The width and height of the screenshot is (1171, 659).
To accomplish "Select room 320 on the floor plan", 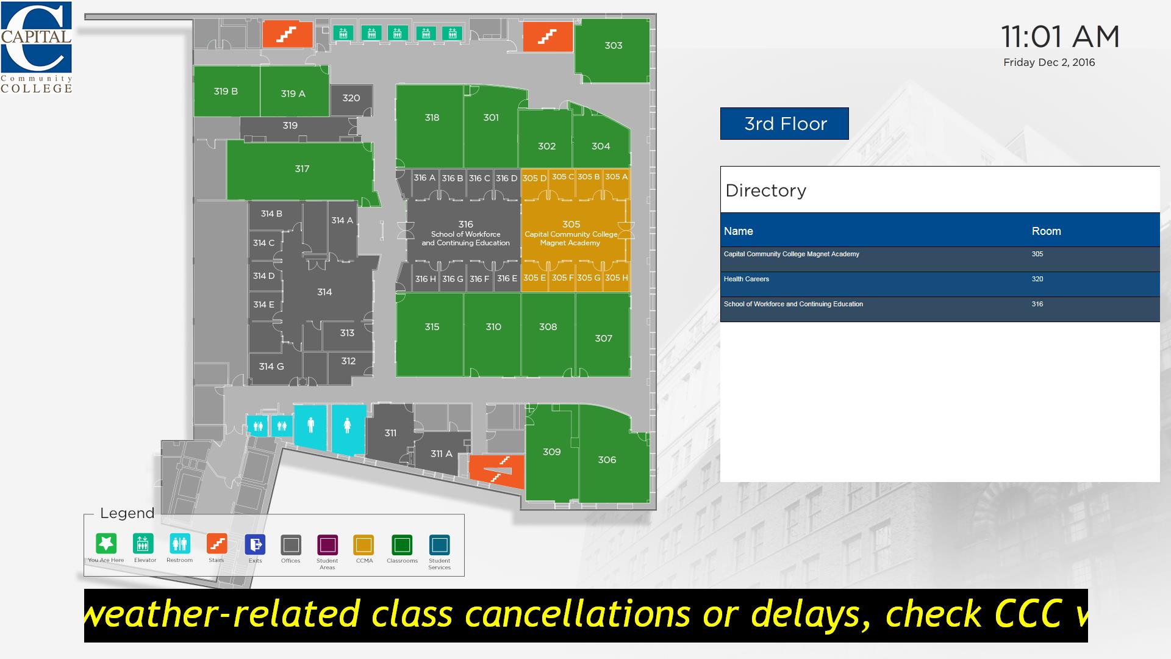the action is pos(351,99).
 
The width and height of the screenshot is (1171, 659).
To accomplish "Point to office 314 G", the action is pos(271,367).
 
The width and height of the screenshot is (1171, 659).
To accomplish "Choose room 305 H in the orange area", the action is pos(617,278).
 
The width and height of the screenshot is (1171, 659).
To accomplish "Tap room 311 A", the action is pos(442,453).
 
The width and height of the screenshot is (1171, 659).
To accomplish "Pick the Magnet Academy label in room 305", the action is pos(570,243).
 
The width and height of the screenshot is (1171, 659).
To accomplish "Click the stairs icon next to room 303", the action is pos(548,37).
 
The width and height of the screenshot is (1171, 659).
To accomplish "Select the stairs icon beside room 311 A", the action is pos(497,471).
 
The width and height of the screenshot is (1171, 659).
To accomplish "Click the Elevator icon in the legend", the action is pos(143,542).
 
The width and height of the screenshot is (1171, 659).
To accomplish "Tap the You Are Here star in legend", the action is pos(106,542).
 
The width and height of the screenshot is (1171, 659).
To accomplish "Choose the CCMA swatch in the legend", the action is pos(363,545).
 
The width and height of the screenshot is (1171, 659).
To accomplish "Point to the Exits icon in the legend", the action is pos(255,544).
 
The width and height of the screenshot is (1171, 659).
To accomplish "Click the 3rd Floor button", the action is pos(784,124).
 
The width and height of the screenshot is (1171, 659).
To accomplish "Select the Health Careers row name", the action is pos(747,279).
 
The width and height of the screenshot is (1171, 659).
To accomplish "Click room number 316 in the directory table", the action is pos(1037,304).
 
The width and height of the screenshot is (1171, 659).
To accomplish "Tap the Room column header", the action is pos(1046,231).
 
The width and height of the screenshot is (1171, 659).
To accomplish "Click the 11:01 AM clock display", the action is pos(1060,37).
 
